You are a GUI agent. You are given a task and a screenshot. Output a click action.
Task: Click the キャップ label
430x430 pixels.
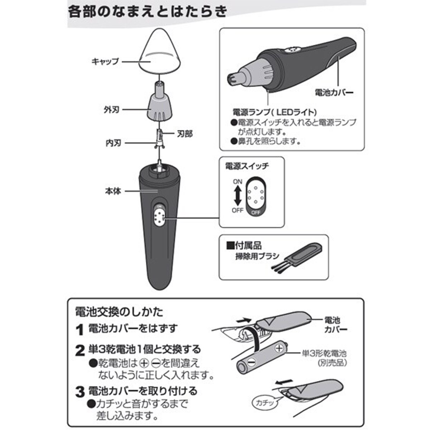105,61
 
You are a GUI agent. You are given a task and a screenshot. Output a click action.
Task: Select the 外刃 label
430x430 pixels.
111,110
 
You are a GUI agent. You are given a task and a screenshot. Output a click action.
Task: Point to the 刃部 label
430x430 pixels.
185,134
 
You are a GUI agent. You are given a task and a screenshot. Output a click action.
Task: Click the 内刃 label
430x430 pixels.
113,143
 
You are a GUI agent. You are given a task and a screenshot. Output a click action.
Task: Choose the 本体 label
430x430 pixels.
113,191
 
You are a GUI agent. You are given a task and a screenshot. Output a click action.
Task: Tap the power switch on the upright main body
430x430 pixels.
159,216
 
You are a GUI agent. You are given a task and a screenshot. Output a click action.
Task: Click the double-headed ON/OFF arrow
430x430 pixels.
238,196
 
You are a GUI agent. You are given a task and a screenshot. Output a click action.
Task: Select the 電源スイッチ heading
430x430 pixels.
247,166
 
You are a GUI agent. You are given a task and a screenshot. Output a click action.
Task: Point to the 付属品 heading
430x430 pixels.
244,246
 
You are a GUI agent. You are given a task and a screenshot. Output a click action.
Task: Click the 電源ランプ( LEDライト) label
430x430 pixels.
275,112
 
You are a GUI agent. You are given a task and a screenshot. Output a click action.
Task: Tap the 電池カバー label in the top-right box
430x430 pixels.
334,92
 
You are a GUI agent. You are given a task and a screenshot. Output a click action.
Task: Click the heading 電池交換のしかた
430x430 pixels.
119,312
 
